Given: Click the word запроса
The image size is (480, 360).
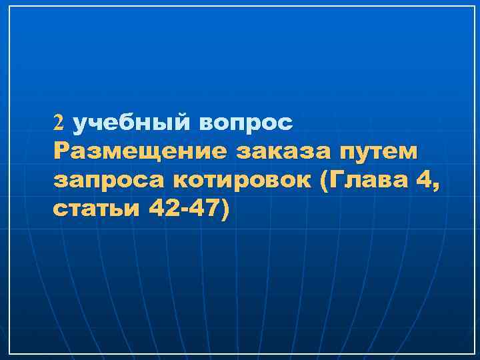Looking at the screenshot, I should [x=103, y=181].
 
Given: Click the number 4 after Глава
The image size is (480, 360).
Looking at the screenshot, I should [x=423, y=180].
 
